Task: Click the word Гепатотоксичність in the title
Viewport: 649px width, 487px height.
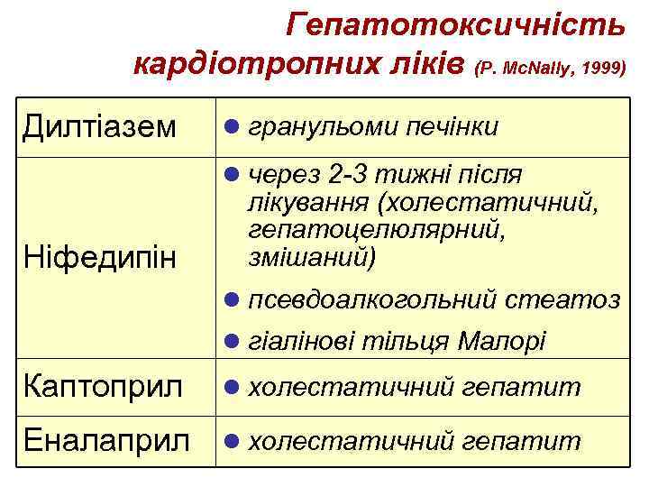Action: pyautogui.click(x=455, y=26)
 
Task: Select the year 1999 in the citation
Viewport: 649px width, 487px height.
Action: pyautogui.click(x=601, y=69)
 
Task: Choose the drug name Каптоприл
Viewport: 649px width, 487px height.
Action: pyautogui.click(x=104, y=388)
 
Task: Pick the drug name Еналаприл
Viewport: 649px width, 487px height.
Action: pyautogui.click(x=107, y=440)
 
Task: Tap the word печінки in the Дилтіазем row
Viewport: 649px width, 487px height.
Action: pyautogui.click(x=450, y=126)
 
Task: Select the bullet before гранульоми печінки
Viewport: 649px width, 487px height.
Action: pyautogui.click(x=232, y=126)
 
